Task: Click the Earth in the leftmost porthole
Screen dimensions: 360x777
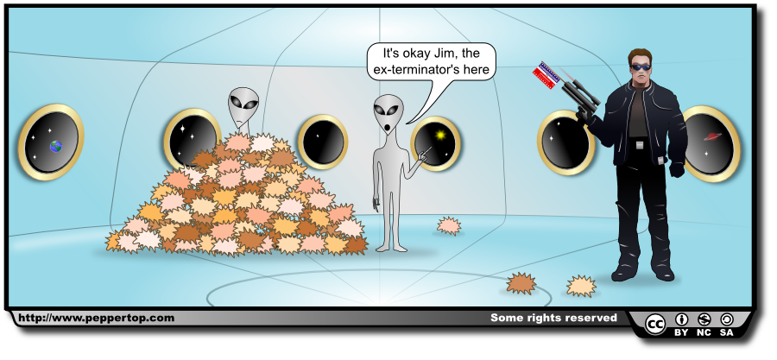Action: (x=56, y=147)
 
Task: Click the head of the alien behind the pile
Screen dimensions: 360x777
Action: (x=243, y=107)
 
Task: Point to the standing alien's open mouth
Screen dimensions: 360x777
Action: (x=388, y=129)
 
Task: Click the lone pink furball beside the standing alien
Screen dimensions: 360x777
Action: (x=448, y=226)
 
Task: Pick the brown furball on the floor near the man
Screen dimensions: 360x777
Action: (x=521, y=283)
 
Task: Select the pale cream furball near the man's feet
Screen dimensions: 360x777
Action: (x=581, y=285)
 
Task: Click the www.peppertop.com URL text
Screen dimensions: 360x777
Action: (x=96, y=318)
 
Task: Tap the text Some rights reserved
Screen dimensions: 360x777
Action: (x=553, y=318)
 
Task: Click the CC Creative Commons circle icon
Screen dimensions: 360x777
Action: (x=655, y=324)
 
